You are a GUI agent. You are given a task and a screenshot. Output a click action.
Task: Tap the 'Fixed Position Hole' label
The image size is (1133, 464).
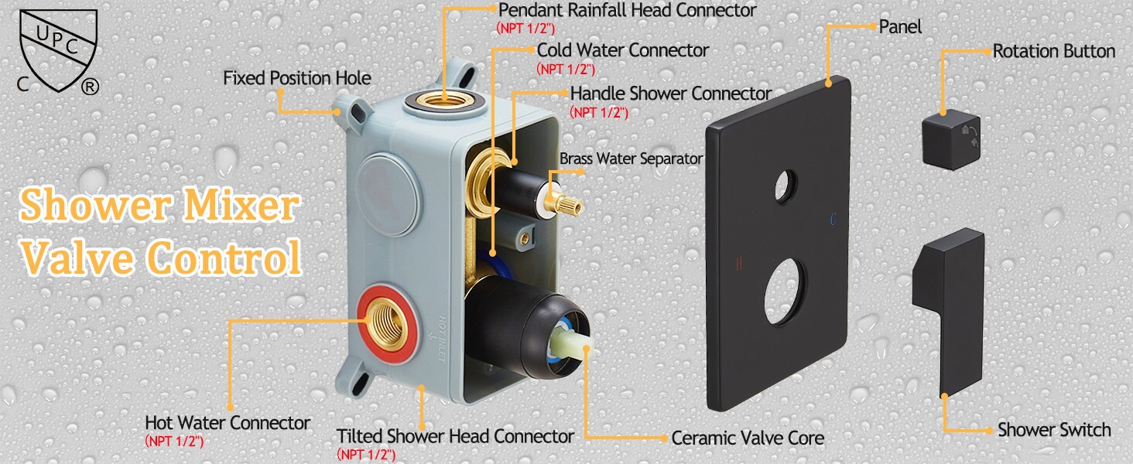click(x=297, y=78)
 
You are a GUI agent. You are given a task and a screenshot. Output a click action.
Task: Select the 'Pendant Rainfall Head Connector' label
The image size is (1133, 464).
click(x=627, y=10)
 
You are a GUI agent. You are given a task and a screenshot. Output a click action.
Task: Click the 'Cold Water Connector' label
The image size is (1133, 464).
click(x=623, y=50)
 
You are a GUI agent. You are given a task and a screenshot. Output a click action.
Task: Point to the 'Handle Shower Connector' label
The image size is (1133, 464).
click(x=671, y=94)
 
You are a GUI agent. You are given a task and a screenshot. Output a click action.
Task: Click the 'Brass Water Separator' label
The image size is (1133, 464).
click(x=631, y=159)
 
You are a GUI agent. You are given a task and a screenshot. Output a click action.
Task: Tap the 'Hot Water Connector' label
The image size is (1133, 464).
click(x=228, y=423)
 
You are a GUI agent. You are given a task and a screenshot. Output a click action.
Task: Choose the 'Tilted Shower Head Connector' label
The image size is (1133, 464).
click(x=455, y=436)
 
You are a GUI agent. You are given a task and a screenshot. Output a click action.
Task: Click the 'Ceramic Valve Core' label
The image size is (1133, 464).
click(x=748, y=438)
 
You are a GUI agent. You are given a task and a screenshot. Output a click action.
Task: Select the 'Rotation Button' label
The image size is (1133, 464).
click(x=1053, y=52)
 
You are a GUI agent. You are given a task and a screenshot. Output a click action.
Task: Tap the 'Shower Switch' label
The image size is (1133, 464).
click(x=1054, y=430)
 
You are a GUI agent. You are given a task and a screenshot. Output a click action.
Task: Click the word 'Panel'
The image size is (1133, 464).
click(x=900, y=27)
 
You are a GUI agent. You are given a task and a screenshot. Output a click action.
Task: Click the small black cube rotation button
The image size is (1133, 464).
click(x=951, y=139)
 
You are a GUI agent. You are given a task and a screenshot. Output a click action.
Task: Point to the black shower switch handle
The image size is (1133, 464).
click(x=949, y=312)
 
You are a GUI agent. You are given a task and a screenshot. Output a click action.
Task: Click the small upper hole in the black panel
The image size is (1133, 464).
click(x=786, y=187)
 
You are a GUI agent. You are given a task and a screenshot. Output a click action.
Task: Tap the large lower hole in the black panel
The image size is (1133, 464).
click(x=785, y=292)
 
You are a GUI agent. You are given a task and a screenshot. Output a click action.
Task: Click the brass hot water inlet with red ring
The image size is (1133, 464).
click(x=388, y=324)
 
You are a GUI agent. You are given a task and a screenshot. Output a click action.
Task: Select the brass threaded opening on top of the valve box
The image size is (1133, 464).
click(x=445, y=100)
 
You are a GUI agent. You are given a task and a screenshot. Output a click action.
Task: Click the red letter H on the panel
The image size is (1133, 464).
click(x=739, y=263)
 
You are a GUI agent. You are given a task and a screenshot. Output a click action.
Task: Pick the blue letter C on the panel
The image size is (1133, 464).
click(x=833, y=220)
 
